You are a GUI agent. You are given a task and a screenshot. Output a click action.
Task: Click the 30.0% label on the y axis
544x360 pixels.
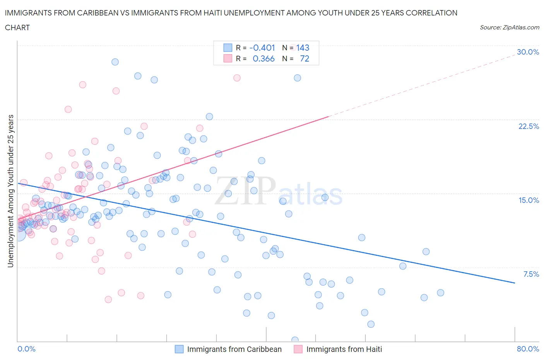pyautogui.click(x=528, y=52)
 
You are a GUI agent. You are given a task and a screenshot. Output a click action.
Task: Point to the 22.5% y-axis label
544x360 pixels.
pyautogui.click(x=529, y=126)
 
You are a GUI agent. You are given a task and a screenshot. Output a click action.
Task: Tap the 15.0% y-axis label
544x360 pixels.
pyautogui.click(x=529, y=200)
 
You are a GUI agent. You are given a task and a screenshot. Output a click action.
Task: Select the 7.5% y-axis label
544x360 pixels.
pyautogui.click(x=531, y=274)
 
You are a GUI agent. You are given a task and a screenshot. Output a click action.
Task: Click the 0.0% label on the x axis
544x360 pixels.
pyautogui.click(x=26, y=349)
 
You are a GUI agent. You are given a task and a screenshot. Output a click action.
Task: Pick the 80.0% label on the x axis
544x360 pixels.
pyautogui.click(x=528, y=349)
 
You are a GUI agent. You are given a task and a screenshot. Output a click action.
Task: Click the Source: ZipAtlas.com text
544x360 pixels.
pyautogui.click(x=509, y=27)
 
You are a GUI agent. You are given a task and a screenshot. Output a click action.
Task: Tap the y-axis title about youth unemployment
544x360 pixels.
pyautogui.click(x=10, y=191)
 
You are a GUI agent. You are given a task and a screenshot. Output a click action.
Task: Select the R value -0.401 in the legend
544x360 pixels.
pyautogui.click(x=262, y=48)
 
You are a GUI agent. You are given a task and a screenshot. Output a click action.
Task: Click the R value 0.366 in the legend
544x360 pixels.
pyautogui.click(x=263, y=58)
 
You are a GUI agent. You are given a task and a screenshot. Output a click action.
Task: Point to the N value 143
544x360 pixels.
pyautogui.click(x=303, y=48)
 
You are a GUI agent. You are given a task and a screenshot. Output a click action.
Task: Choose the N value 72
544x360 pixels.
pyautogui.click(x=305, y=58)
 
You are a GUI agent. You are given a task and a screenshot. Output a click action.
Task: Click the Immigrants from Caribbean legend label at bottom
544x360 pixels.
pyautogui.click(x=234, y=349)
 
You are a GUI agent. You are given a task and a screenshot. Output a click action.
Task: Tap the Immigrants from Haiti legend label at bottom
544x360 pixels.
pyautogui.click(x=344, y=349)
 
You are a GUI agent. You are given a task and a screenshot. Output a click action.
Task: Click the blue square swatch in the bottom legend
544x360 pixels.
pyautogui.click(x=179, y=349)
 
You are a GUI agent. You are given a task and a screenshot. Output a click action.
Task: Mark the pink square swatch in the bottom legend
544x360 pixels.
pyautogui.click(x=298, y=349)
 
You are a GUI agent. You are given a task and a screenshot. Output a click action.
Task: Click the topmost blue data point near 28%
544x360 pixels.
pyautogui.click(x=115, y=62)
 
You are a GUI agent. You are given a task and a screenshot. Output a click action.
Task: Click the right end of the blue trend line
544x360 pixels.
pyautogui.click(x=515, y=283)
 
